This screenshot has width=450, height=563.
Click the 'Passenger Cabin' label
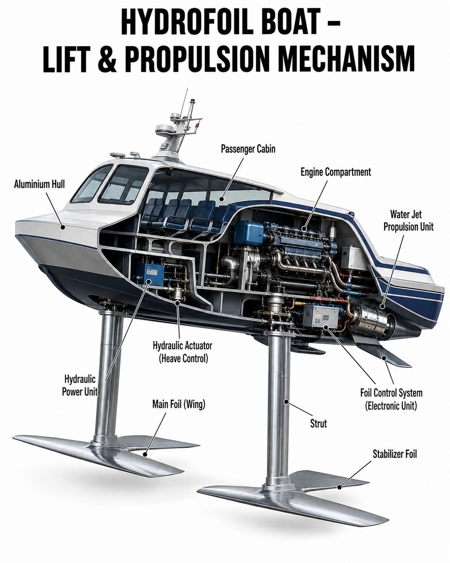(248, 149)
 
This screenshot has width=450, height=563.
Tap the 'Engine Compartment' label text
(336, 172)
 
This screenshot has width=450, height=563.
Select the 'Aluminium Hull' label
(39, 184)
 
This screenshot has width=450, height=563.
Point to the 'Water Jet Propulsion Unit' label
(408, 220)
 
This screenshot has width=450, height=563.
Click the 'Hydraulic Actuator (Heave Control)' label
(182, 352)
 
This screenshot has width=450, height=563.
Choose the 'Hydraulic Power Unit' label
(80, 385)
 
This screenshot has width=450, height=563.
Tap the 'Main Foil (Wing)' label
(179, 404)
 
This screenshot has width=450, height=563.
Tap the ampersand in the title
(107, 59)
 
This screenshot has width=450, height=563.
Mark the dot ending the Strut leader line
(287, 409)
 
